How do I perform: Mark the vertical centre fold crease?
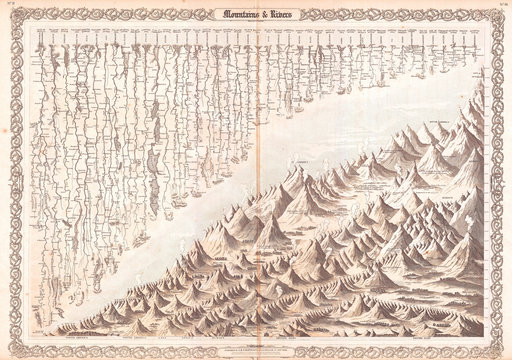256,200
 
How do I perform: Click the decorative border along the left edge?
10,180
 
